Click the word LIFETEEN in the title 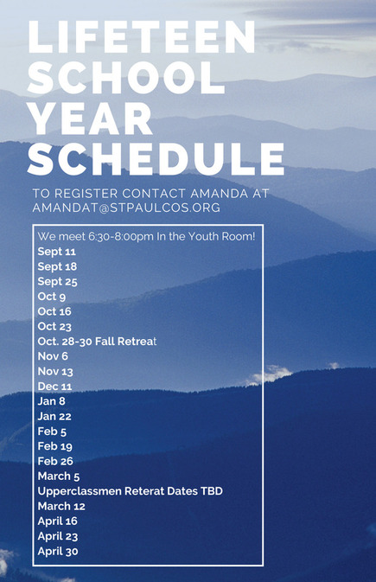coord(142,36)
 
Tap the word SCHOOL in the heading coord(126,78)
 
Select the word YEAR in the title coord(91,118)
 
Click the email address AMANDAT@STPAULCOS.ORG coord(126,207)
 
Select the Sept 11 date coord(56,252)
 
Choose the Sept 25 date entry coord(57,282)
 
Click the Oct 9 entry coord(52,297)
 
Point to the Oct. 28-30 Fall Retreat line coord(97,341)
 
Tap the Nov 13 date coord(55,371)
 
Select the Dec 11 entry coord(54,387)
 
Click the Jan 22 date coord(54,416)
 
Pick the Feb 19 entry coord(55,446)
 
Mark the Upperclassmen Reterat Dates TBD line coord(130,491)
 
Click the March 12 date coord(61,506)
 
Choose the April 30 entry coord(58,551)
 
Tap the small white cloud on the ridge coord(271,375)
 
